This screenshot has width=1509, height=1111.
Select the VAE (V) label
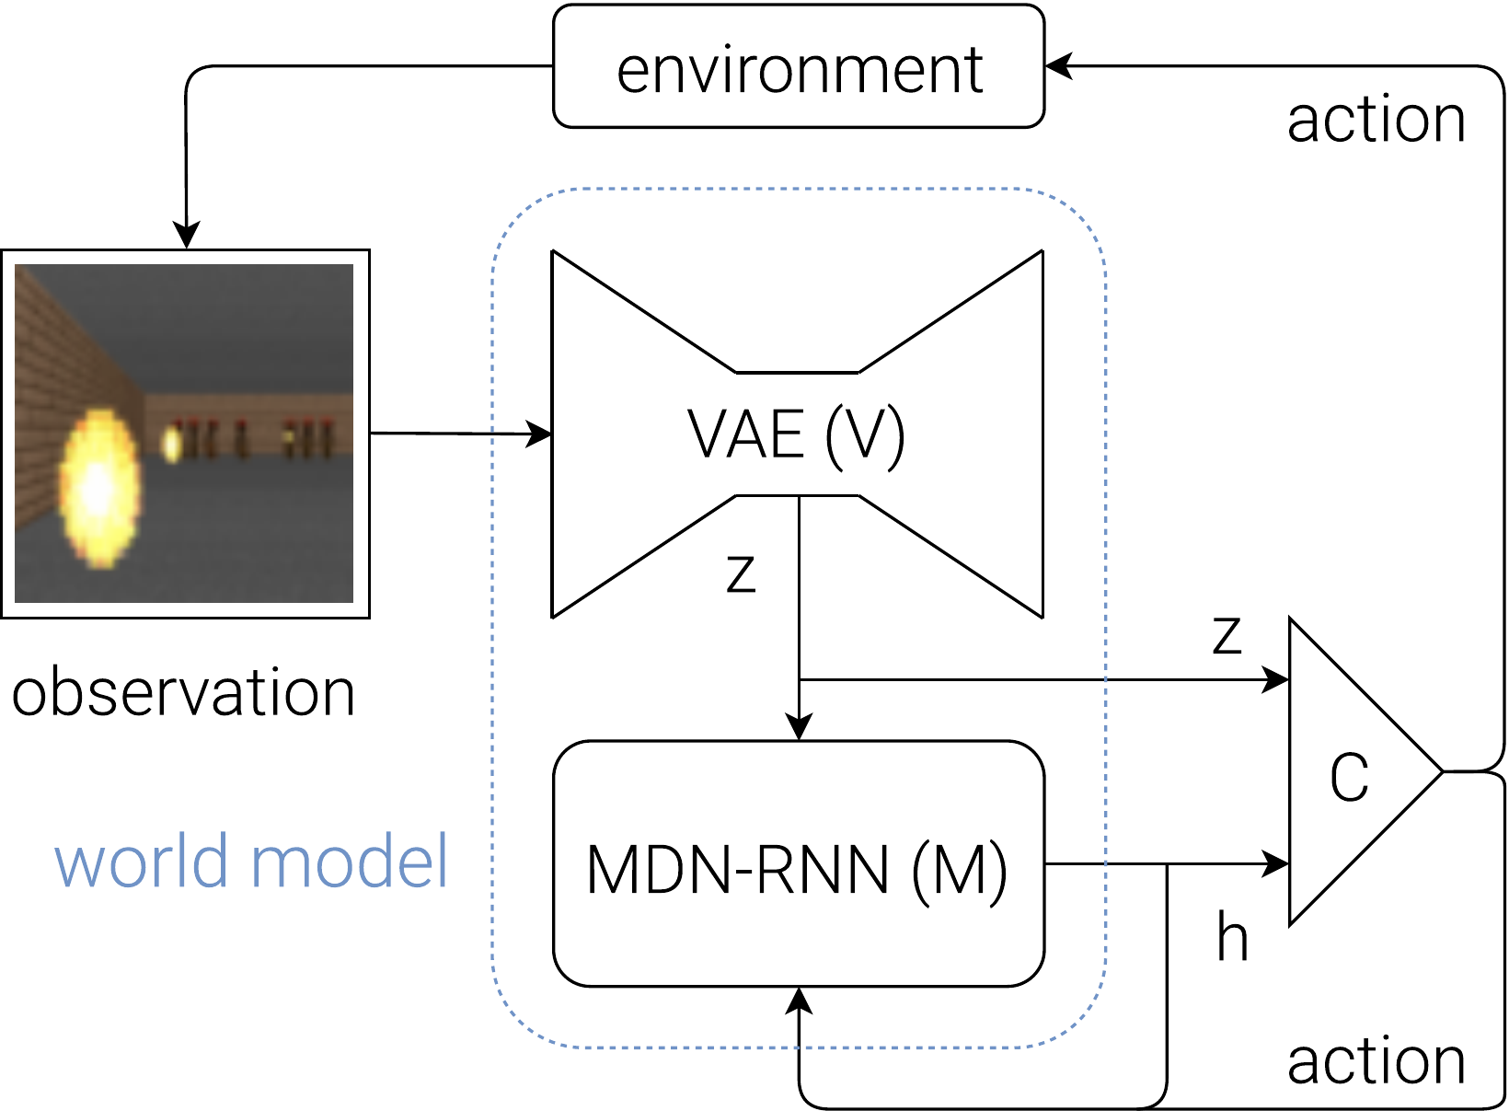pos(796,434)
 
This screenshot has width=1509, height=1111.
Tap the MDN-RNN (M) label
pos(797,870)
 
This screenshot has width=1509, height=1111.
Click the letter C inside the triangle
pos(1349,777)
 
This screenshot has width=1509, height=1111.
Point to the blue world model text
pos(250,860)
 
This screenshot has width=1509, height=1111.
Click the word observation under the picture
pos(183,691)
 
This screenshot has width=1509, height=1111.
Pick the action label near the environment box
pos(1376,120)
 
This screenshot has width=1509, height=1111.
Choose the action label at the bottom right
pos(1376,1061)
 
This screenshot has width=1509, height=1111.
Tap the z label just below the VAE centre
pos(741,573)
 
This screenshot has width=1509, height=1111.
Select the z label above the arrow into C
pos(1226,635)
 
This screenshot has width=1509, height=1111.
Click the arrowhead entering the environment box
pos(1058,66)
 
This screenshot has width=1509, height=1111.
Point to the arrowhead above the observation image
pos(186,235)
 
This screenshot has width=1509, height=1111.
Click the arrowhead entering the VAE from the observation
pos(538,434)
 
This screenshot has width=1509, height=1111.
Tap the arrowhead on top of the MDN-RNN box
pos(799,727)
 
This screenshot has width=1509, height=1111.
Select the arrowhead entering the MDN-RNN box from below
pos(799,1001)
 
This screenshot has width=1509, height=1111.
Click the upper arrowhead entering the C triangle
pos(1275,680)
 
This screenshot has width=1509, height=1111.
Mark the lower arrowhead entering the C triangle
pos(1275,863)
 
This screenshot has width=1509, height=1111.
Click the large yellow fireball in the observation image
pos(99,489)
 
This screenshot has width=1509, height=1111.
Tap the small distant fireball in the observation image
pos(171,445)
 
